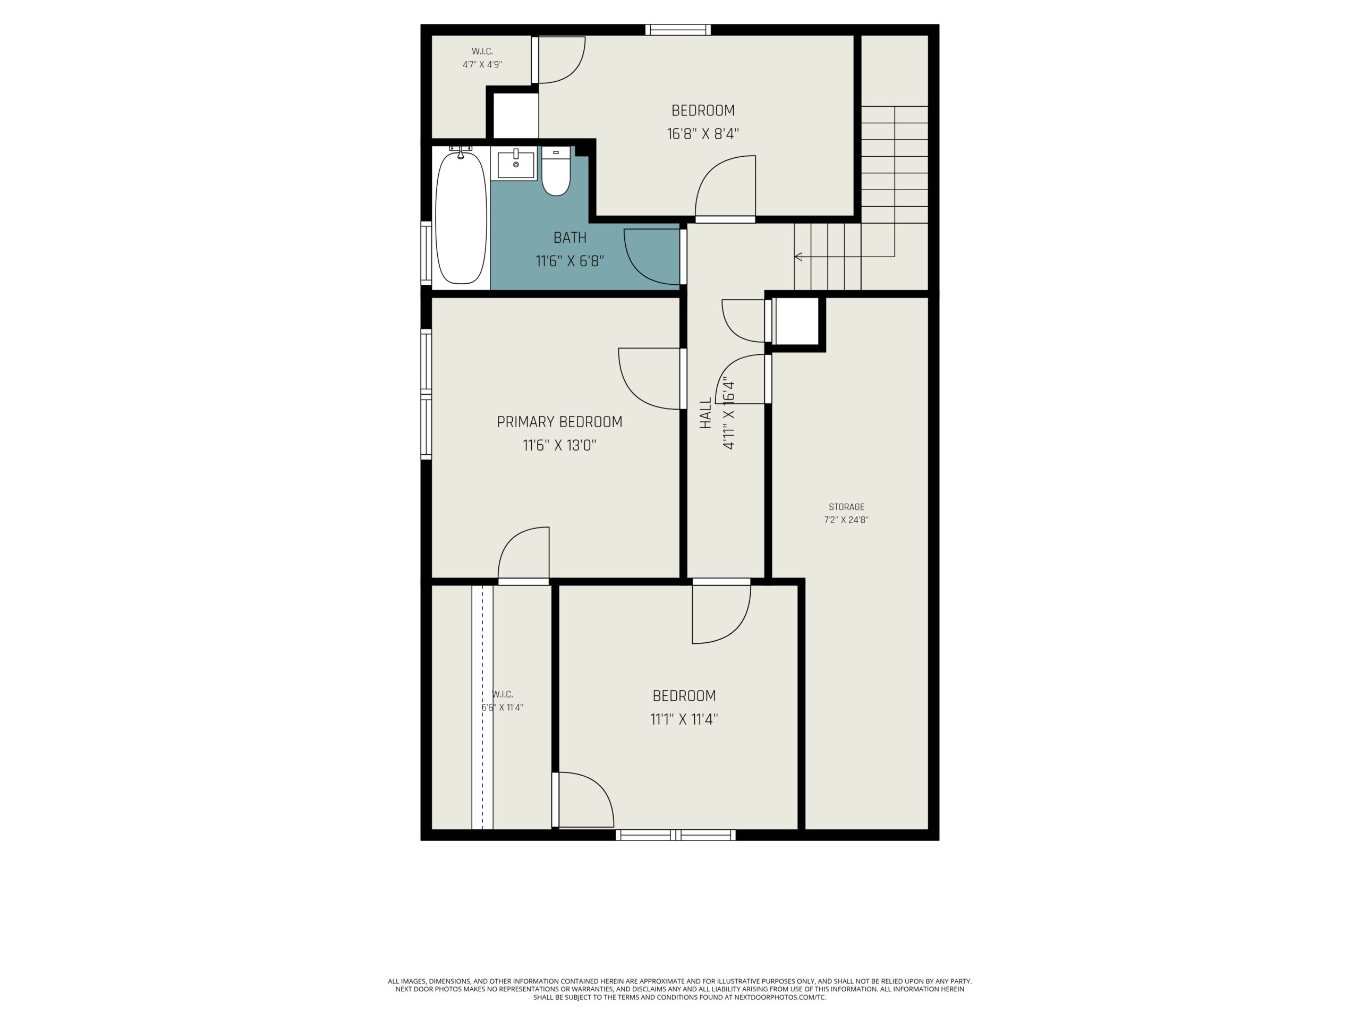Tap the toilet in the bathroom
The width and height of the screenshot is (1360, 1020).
[556, 172]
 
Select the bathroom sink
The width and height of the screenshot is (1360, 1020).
[516, 164]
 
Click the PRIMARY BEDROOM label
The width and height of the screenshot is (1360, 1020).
[559, 422]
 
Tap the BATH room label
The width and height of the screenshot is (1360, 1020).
[569, 237]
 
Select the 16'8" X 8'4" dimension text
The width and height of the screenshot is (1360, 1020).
[703, 134]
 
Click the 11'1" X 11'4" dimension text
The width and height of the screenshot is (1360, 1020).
[684, 719]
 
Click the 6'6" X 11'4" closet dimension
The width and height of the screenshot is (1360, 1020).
[503, 708]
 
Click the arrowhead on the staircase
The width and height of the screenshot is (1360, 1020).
[798, 257]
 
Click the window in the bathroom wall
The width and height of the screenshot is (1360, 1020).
[426, 252]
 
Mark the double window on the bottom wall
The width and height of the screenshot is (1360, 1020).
[676, 835]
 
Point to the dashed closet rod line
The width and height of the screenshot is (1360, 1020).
[482, 708]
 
